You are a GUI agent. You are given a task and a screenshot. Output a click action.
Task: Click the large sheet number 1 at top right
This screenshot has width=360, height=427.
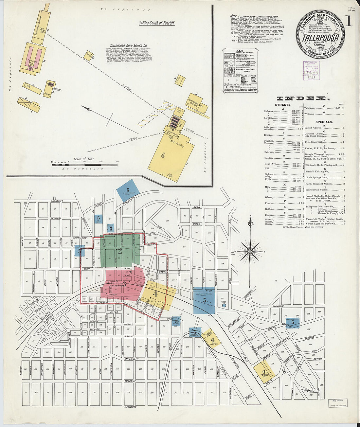tap(349, 22)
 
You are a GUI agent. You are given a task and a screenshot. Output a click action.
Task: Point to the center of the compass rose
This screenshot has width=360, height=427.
tap(250, 251)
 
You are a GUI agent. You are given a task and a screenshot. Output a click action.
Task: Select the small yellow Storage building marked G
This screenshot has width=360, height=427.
tap(88, 56)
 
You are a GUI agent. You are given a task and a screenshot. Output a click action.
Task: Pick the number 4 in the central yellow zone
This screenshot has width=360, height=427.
tap(155, 294)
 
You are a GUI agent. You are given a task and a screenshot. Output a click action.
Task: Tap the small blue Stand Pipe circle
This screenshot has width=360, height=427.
tap(224, 305)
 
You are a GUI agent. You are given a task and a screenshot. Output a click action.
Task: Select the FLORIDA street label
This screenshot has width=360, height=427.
tap(278, 307)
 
